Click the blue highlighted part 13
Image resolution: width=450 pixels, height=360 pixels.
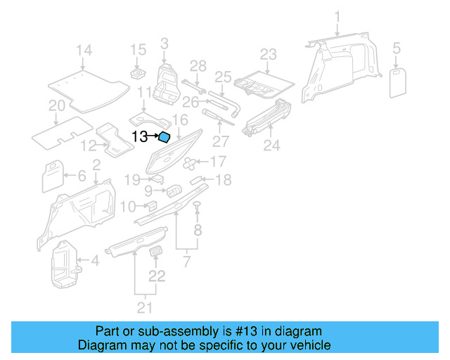coord(164,138)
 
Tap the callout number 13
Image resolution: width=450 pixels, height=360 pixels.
coord(140,137)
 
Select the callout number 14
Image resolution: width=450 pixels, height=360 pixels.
coord(84,50)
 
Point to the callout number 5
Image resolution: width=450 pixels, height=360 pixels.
coord(397,49)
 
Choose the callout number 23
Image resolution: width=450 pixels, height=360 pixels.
coord(269,55)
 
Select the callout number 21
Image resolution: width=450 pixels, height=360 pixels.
coord(145,307)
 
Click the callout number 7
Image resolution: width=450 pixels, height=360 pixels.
coord(186,262)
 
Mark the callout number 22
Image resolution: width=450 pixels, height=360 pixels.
coord(157,276)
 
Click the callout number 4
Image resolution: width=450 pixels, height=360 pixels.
coord(94,262)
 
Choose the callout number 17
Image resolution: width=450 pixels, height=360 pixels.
coord(218,162)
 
